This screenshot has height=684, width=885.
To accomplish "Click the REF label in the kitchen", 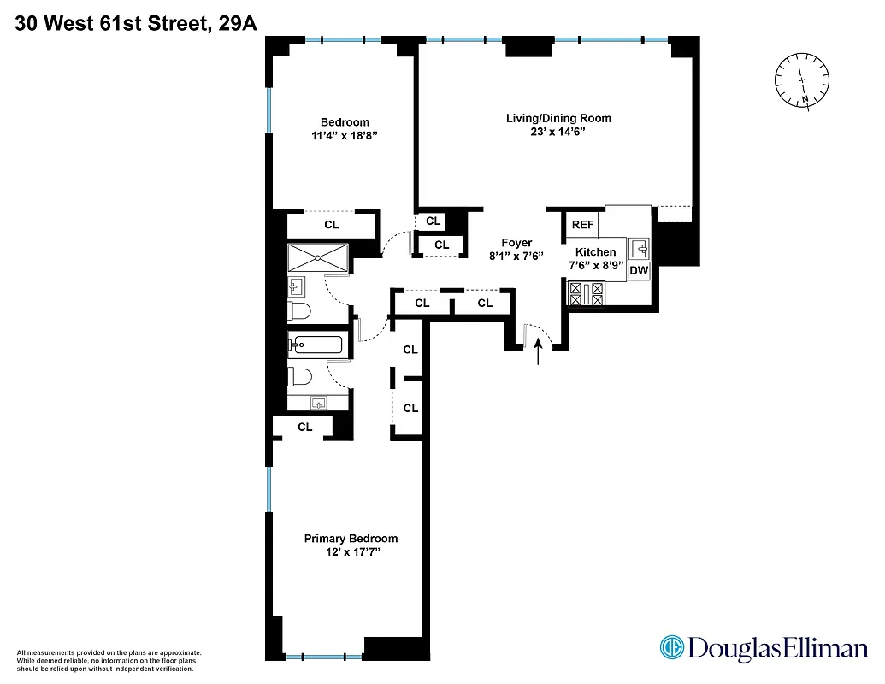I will point(582,225).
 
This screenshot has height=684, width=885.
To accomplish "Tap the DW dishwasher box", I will point(639,271).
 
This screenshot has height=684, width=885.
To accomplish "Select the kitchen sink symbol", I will point(639,249).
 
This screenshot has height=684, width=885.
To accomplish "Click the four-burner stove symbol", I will point(587,295).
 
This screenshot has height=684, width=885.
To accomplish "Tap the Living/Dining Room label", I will point(558,118).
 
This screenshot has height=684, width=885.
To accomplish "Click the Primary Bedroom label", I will point(351,539).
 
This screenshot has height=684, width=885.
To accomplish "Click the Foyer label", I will point(516,243).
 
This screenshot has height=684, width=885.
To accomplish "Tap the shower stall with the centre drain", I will point(318,257).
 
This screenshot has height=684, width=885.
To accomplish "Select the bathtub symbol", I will point(316,345).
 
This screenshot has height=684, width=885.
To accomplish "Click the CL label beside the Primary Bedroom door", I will point(305,427).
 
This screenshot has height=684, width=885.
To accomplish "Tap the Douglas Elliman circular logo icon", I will point(671,648).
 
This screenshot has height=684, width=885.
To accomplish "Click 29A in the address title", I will point(237,25).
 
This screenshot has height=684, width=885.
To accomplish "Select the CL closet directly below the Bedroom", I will point(331,225).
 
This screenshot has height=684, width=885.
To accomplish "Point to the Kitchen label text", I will point(595,252).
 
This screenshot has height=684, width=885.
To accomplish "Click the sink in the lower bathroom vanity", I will point(318,402).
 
